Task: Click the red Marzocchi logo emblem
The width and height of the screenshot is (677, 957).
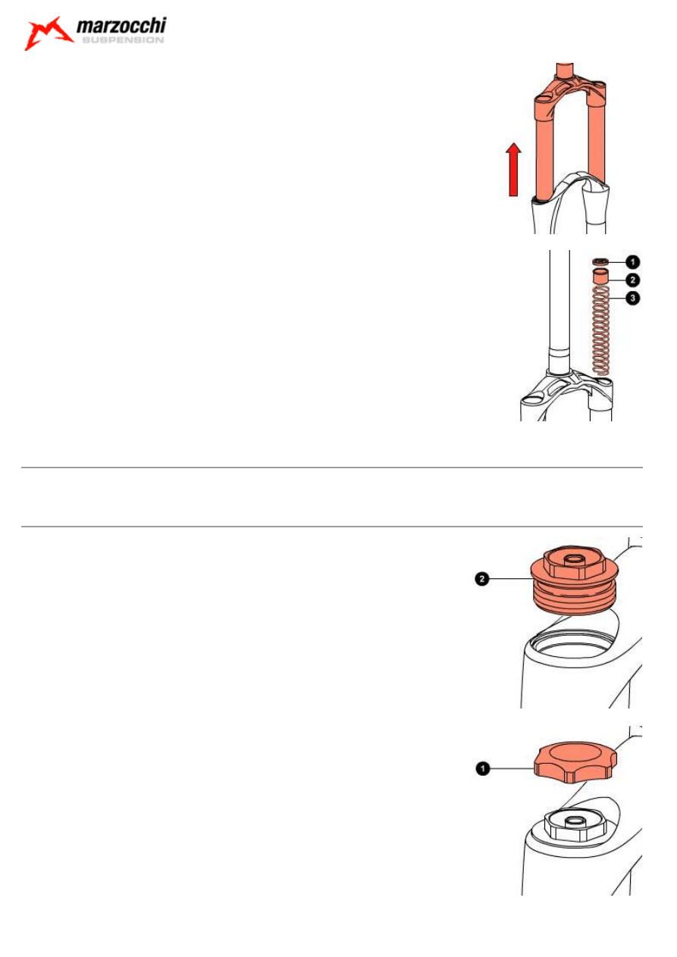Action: pos(48,33)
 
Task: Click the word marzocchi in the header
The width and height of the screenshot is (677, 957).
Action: pos(121,26)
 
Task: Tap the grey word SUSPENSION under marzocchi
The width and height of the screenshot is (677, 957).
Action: pos(123,40)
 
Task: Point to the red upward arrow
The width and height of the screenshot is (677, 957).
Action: pos(513,169)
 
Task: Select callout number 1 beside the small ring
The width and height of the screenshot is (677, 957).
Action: pos(632,261)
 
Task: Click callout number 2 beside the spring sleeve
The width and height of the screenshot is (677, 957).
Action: pos(632,280)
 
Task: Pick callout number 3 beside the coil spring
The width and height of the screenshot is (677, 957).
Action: pos(632,298)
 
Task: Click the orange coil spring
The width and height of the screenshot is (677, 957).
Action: pos(600,330)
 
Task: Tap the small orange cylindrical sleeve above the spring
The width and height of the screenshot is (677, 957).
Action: pos(600,276)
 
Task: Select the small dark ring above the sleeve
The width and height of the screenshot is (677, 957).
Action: pos(600,261)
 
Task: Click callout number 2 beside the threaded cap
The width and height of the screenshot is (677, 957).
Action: pos(482,579)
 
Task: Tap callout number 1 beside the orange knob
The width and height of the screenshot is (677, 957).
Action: pos(482,768)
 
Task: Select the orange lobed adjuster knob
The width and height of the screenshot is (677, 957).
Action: pos(575,763)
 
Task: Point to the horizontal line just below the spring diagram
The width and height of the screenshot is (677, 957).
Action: pos(331,468)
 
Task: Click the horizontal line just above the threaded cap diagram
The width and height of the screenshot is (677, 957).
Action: pos(331,527)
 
